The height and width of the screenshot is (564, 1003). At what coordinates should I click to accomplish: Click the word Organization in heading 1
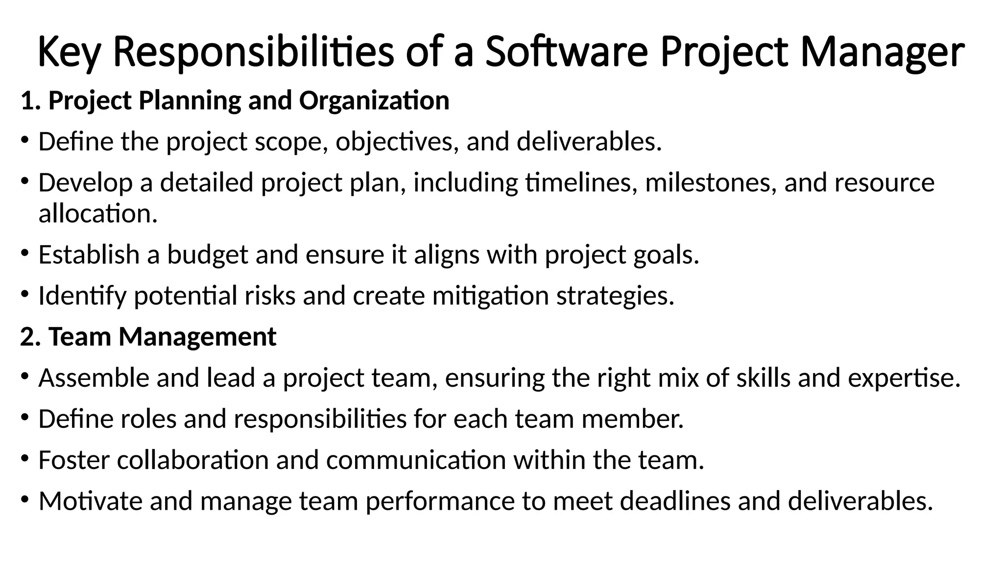(x=374, y=101)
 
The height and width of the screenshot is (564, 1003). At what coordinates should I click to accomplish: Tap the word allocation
(x=98, y=214)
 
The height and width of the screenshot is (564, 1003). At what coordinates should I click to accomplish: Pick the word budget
(x=208, y=255)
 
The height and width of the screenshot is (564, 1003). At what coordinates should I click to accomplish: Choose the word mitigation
(x=490, y=296)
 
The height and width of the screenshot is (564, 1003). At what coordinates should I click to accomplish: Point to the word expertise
(x=904, y=378)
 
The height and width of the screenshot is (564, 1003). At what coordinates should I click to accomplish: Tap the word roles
(x=148, y=419)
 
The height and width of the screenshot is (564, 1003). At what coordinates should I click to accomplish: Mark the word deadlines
(x=675, y=501)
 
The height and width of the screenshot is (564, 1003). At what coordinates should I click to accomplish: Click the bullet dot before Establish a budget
(x=25, y=254)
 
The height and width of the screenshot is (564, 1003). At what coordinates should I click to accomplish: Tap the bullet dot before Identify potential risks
(x=25, y=295)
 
